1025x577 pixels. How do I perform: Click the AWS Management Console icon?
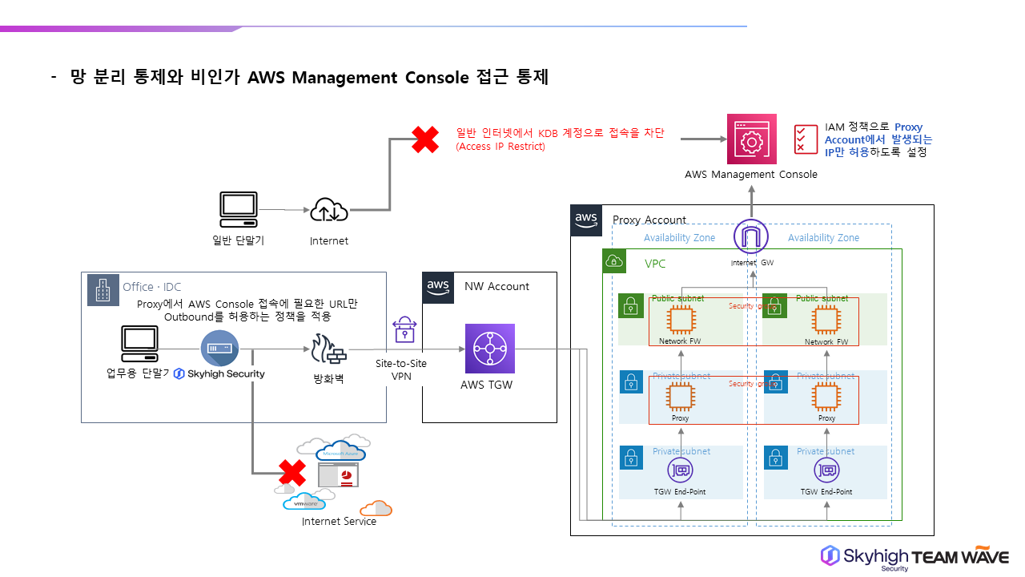click(x=751, y=139)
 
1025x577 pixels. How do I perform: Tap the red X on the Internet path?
click(x=424, y=140)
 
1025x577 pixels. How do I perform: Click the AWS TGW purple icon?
click(x=490, y=349)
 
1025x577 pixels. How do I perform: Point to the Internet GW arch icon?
click(x=751, y=236)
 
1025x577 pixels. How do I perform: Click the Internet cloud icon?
click(x=329, y=210)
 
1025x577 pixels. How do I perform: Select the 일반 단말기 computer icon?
click(x=239, y=210)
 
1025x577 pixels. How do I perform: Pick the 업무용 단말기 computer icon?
click(x=139, y=345)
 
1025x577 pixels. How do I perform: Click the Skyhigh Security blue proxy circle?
click(x=219, y=348)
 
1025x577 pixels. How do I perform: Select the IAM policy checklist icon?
click(x=805, y=139)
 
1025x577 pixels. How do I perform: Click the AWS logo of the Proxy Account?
click(x=586, y=220)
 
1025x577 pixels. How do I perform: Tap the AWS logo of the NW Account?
click(x=438, y=287)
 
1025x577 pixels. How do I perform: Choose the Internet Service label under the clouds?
click(x=339, y=522)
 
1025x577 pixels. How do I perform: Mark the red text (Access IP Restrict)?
click(x=500, y=147)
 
